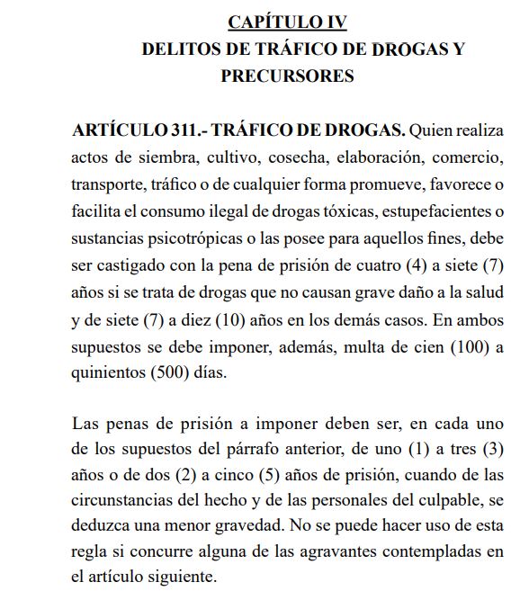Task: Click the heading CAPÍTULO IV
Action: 288,22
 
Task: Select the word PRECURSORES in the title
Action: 287,76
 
